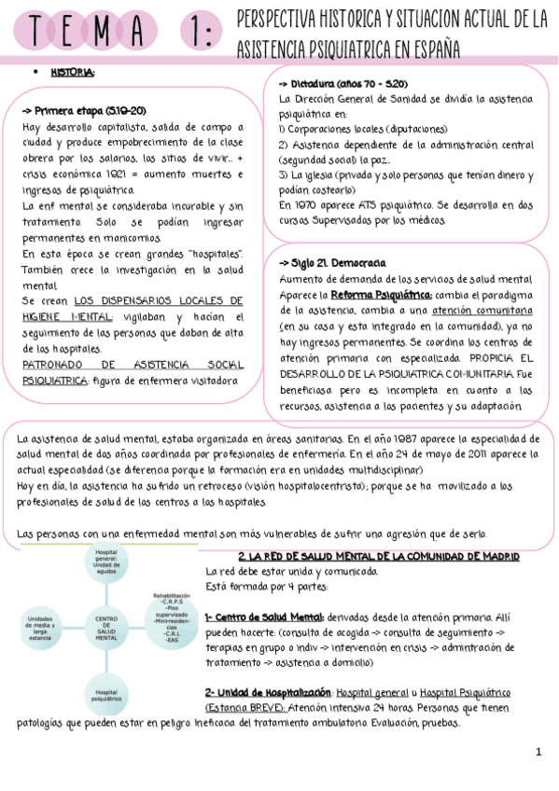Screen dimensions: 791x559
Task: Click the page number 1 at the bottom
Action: [538, 753]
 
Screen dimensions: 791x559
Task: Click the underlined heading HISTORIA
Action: [72, 73]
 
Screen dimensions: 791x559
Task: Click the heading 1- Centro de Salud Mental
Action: [264, 618]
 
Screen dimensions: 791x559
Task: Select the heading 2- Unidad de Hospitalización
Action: [269, 692]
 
